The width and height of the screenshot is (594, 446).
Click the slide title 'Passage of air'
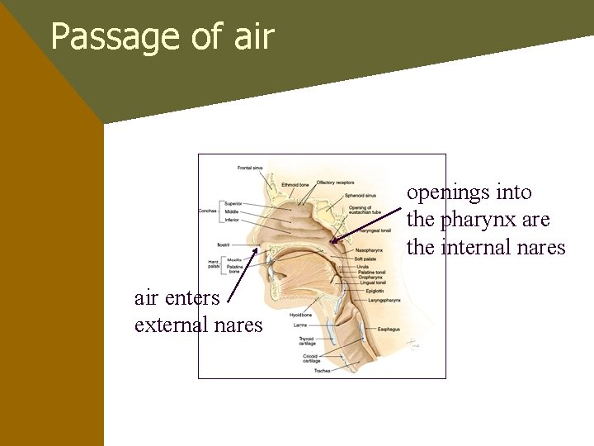pyautogui.click(x=162, y=36)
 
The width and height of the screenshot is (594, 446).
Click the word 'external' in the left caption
pyautogui.click(x=170, y=325)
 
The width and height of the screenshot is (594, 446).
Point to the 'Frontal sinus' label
pyautogui.click(x=250, y=168)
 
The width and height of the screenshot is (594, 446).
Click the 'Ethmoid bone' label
pyautogui.click(x=295, y=184)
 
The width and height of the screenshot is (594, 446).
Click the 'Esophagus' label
pyautogui.click(x=389, y=330)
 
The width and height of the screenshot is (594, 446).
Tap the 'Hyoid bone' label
pyautogui.click(x=300, y=315)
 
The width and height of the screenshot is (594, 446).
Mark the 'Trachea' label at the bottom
pyautogui.click(x=322, y=371)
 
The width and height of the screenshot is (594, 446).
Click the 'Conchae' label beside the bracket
pyautogui.click(x=207, y=211)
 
